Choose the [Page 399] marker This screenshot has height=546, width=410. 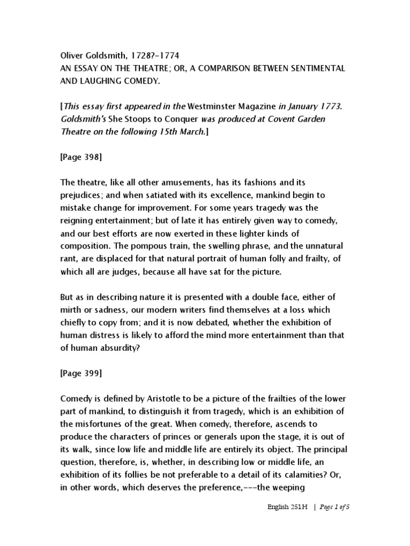(x=81, y=373)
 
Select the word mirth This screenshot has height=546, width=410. (x=71, y=309)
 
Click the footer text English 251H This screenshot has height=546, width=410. (x=288, y=507)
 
